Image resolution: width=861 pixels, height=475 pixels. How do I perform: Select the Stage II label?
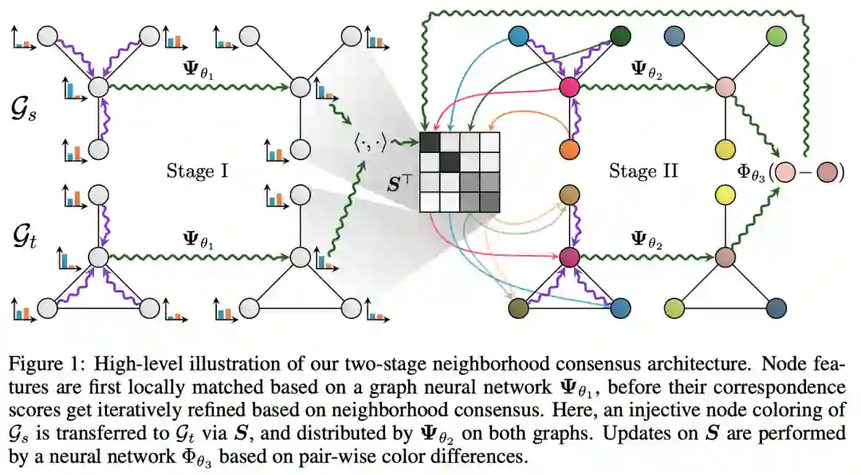point(643,171)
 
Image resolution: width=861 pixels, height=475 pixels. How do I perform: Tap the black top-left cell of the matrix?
point(431,141)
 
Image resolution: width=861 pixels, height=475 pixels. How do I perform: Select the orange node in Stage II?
point(568,149)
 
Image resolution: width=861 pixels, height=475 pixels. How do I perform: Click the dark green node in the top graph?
point(621,37)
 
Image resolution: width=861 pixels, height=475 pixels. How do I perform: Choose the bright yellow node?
point(725,194)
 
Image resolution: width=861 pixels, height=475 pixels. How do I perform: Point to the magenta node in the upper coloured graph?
point(568,87)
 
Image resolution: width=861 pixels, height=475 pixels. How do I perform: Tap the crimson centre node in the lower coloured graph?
point(568,257)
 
